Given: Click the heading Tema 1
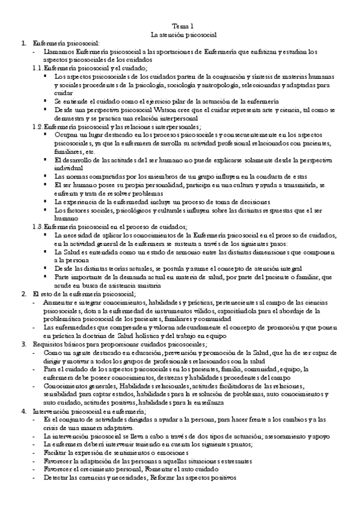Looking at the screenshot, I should [183, 26].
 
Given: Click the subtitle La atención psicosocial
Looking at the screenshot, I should [183, 35].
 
